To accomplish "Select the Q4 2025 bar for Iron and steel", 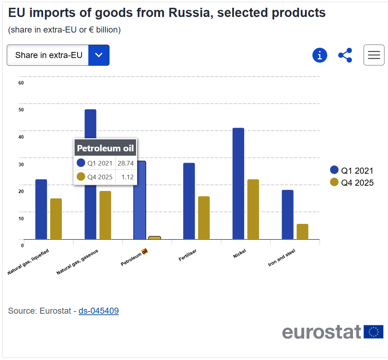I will tap(302, 231).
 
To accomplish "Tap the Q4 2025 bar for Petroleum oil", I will tap(154, 238).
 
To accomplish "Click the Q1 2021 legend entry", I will tap(352, 170).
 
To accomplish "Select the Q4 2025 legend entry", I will tap(352, 182).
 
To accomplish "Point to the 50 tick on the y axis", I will tap(21, 110).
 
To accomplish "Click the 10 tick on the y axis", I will tap(21, 219).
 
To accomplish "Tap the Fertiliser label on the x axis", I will tap(188, 255).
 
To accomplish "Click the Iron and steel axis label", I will tap(282, 257).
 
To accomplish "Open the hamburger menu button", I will tap(374, 55).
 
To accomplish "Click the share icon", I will tap(345, 55).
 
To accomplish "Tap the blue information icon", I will tap(320, 55).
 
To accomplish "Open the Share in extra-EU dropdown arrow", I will tap(99, 55).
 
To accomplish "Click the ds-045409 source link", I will tap(99, 311).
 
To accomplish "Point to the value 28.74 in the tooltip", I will tap(126, 163).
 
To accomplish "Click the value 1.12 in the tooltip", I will tap(127, 177).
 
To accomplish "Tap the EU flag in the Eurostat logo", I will tap(374, 332).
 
